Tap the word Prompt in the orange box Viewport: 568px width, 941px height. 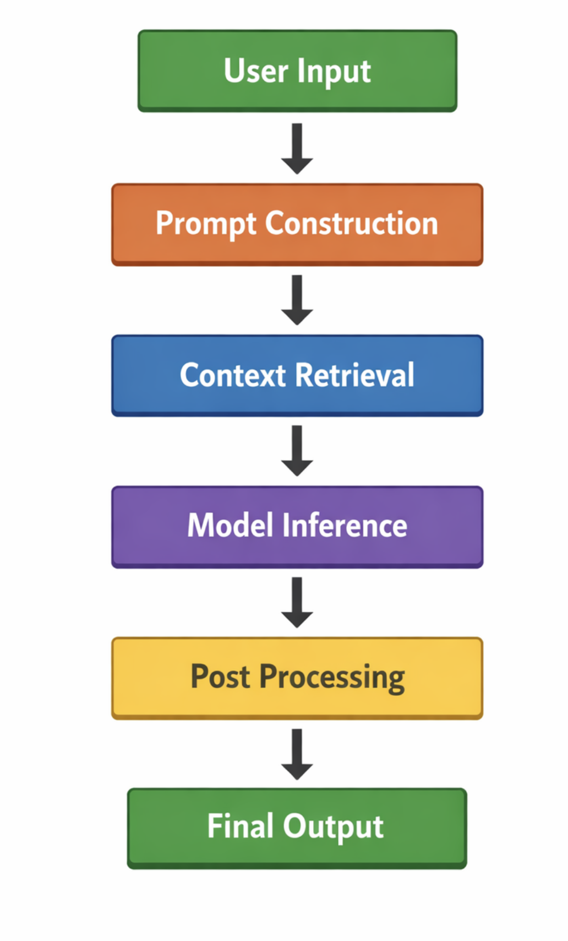(206, 224)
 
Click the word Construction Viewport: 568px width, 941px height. (352, 223)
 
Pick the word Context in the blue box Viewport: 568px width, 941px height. (233, 375)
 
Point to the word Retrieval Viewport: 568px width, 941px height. (354, 375)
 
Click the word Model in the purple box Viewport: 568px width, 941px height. (230, 526)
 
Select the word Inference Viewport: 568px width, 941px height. (345, 526)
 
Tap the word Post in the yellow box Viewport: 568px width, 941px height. (220, 677)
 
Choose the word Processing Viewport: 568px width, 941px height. (332, 678)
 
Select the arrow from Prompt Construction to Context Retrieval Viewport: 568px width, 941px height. (297, 300)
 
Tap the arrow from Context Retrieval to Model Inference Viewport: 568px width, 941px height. (297, 451)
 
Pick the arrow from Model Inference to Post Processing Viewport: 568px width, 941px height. (297, 602)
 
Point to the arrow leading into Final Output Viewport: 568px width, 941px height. (297, 754)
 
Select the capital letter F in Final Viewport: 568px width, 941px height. (215, 826)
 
